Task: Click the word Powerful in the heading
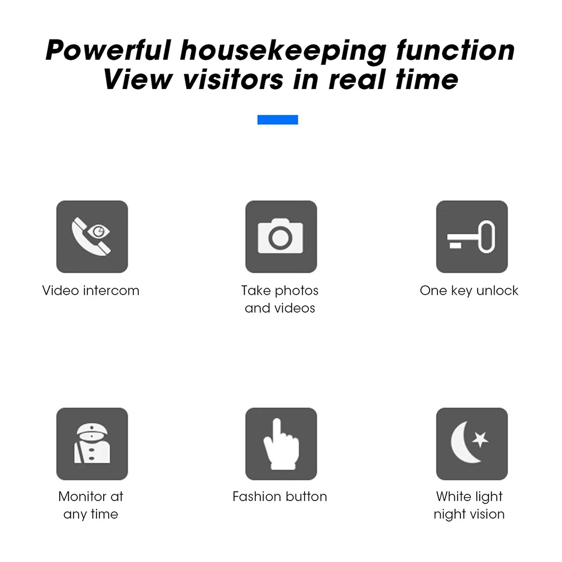pyautogui.click(x=108, y=50)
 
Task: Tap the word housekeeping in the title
pyautogui.click(x=283, y=52)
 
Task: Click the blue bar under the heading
pyautogui.click(x=278, y=120)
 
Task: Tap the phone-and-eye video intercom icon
pyautogui.click(x=92, y=237)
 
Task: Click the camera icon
pyautogui.click(x=280, y=236)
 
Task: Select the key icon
pyautogui.click(x=471, y=237)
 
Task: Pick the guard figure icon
pyautogui.click(x=92, y=443)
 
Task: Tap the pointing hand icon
pyautogui.click(x=281, y=444)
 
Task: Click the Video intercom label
pyautogui.click(x=91, y=290)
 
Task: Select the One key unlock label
pyautogui.click(x=469, y=291)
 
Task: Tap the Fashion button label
pyautogui.click(x=280, y=496)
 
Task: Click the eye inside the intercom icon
pyautogui.click(x=99, y=231)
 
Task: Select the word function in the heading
pyautogui.click(x=456, y=50)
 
